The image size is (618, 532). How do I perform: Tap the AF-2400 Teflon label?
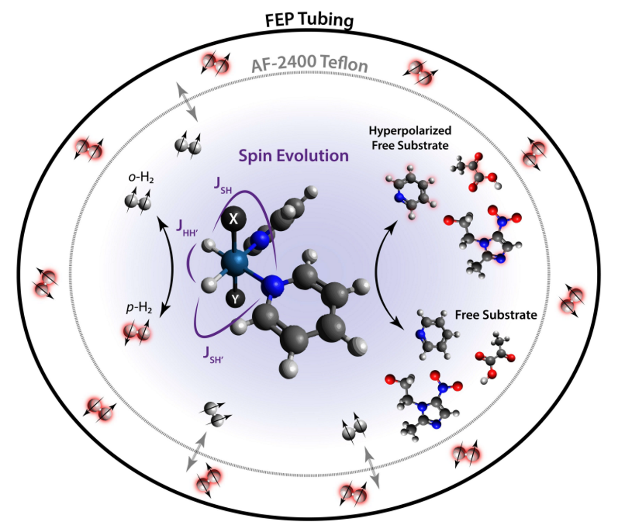309,65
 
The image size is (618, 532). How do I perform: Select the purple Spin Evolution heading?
293,155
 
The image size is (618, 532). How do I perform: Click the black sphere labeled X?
233,219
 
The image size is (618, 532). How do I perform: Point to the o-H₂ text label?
140,179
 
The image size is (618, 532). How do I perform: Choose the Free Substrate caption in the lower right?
495,314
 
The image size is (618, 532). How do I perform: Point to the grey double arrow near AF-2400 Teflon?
188,104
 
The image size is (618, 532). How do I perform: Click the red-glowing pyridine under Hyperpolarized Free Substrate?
409,196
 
